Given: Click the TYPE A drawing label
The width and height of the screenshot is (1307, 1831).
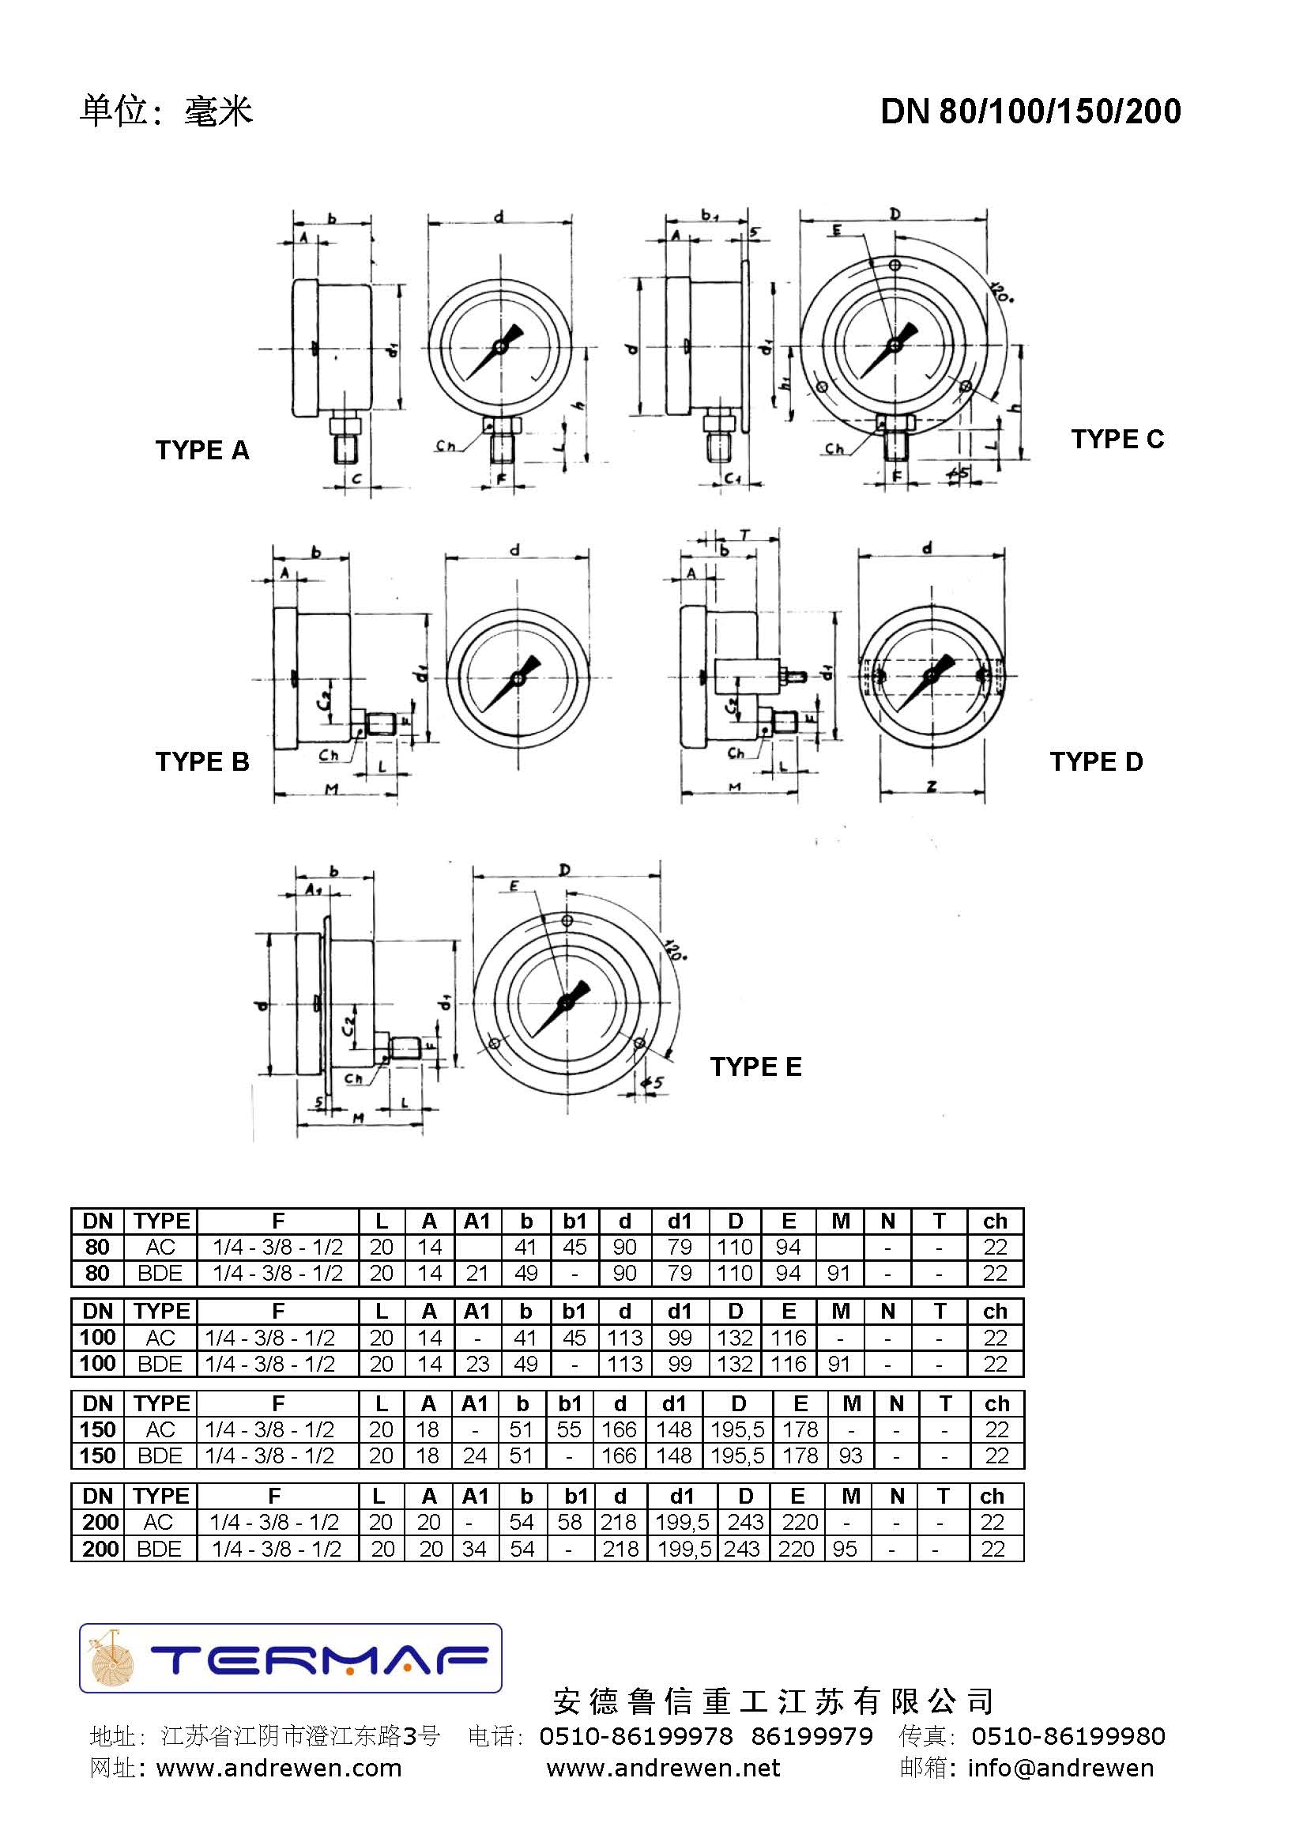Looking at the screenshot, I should (x=202, y=450).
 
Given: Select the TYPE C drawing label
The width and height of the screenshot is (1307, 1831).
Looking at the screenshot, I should (x=1117, y=439).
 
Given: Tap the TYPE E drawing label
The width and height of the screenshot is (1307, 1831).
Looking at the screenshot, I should (x=755, y=1067).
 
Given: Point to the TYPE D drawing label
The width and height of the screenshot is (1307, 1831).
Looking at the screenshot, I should (x=1096, y=761).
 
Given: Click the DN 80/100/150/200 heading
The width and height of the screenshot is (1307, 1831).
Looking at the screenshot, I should (x=1030, y=111).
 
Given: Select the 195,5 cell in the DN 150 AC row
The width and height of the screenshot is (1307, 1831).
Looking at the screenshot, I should (x=737, y=1429).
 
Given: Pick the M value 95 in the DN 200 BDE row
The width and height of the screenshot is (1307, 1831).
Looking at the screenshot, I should (x=844, y=1549).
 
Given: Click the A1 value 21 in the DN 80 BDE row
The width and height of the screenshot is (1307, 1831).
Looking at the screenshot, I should (x=477, y=1273).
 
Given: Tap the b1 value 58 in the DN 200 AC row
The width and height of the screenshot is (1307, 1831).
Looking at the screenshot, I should (x=570, y=1522).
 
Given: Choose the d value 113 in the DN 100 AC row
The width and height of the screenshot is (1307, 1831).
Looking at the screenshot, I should (x=624, y=1338).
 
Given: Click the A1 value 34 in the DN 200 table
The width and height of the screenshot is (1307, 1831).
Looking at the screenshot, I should (x=474, y=1549).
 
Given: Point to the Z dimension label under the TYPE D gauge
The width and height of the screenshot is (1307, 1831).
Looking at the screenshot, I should (x=931, y=787).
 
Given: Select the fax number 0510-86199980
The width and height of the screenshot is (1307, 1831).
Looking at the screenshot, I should (x=1068, y=1736).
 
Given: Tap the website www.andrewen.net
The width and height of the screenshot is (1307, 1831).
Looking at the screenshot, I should (x=663, y=1769).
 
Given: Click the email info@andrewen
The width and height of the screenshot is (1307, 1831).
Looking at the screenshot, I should (x=1060, y=1769).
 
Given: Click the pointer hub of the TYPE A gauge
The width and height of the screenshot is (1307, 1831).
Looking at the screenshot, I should (x=499, y=347).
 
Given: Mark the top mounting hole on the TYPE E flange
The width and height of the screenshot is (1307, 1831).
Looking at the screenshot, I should (x=567, y=920).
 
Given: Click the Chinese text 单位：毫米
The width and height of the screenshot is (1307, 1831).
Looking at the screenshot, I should (x=166, y=111).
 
